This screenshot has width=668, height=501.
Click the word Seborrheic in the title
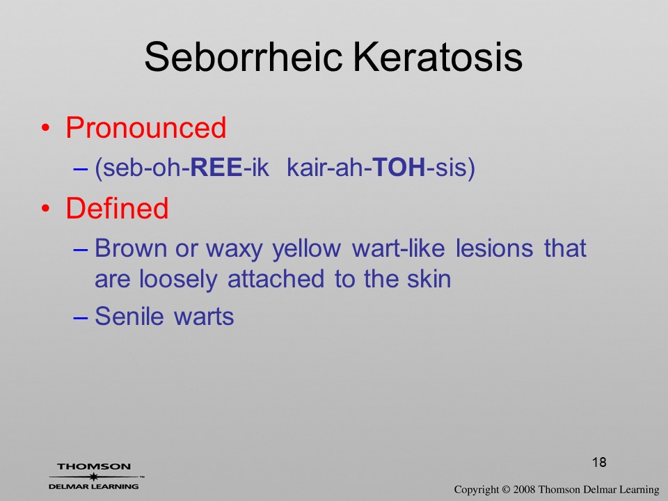coord(244,56)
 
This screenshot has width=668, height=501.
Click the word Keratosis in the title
coord(438,56)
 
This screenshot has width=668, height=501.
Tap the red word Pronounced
coord(145,127)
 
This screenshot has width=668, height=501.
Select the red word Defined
coord(117,208)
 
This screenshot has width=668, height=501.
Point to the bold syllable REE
coord(216,167)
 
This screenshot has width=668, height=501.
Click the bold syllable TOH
coord(399,167)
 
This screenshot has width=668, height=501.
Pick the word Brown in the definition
coord(131,248)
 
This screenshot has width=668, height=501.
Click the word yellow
coord(307,249)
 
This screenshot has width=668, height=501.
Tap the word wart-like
coord(398,248)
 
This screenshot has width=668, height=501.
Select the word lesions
coord(494,248)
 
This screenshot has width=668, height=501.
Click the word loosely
coord(178,280)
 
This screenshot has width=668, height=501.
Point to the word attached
coord(276,279)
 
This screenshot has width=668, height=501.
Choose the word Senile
coord(129,316)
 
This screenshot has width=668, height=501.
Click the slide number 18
coord(599,462)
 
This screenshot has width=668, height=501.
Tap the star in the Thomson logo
coord(93,476)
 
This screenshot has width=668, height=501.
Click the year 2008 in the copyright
coord(524,489)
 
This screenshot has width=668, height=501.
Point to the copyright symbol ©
coord(506,489)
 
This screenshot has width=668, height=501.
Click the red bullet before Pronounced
coord(45,128)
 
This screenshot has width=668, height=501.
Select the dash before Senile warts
coord(80,317)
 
